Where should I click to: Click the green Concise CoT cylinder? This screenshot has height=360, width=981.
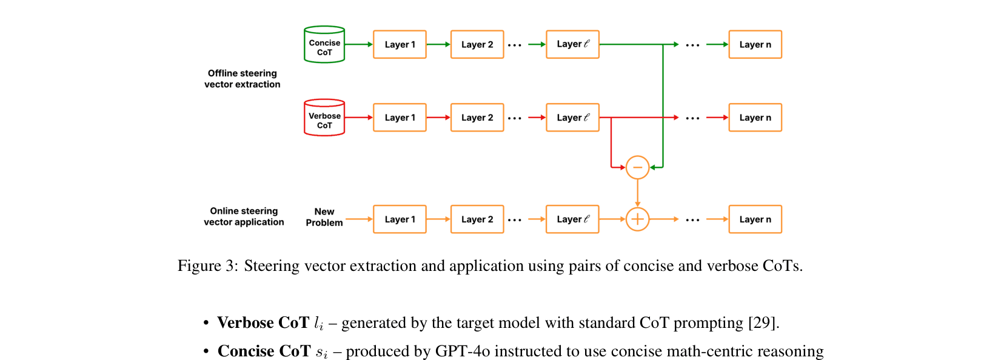[324, 45]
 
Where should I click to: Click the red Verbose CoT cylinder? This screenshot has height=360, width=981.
[324, 118]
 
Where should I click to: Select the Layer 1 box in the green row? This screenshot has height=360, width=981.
[400, 45]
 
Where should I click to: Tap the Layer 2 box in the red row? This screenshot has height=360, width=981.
[477, 118]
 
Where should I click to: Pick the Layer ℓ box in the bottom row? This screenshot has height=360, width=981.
[572, 219]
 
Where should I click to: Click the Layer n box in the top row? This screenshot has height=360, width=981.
[755, 45]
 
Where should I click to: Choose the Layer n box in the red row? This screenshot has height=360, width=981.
[755, 118]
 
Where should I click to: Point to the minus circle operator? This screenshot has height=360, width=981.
[637, 167]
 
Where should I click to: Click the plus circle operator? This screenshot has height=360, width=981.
[637, 219]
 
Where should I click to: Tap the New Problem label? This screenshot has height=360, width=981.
[324, 217]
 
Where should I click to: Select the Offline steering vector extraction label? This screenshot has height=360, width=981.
[243, 79]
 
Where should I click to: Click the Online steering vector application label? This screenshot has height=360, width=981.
[244, 216]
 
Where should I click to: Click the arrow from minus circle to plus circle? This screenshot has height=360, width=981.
[637, 193]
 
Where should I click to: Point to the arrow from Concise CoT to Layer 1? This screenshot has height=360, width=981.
[358, 44]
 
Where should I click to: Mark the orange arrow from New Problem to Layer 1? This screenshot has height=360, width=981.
[358, 219]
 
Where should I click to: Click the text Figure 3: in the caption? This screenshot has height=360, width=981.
[207, 266]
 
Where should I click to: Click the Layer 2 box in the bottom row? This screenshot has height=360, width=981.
[477, 219]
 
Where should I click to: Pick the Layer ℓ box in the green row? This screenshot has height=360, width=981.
[572, 45]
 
